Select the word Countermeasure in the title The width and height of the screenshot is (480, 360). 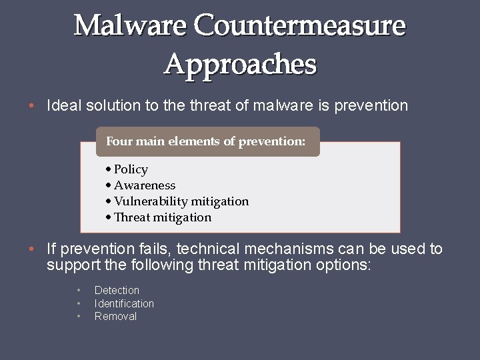point(299,26)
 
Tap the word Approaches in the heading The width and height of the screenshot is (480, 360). point(240,65)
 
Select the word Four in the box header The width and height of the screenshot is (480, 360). point(120,141)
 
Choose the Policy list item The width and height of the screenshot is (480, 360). point(131,169)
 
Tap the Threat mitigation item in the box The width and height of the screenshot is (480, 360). point(162,217)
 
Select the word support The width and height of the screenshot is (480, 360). point(70,265)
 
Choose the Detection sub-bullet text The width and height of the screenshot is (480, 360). point(117,291)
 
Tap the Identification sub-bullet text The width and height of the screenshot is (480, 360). point(124,303)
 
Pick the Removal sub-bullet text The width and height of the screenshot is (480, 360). point(115,317)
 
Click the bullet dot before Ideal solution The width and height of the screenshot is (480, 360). point(31,106)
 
